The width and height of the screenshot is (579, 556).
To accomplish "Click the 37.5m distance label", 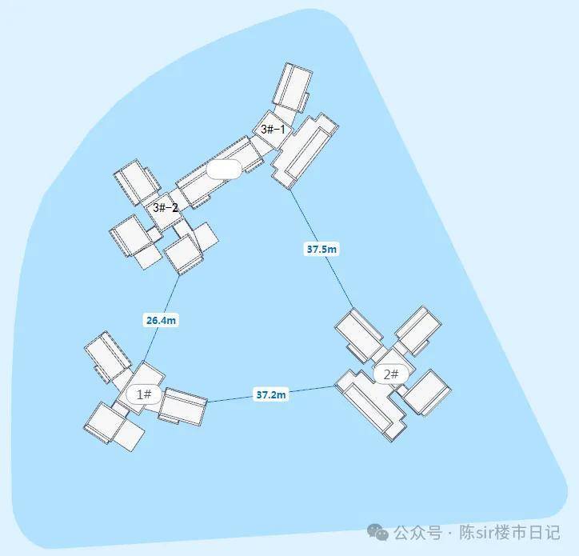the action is (321, 250).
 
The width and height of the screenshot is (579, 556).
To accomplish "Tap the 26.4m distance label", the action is (161, 320).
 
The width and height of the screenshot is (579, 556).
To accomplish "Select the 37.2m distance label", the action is (271, 395).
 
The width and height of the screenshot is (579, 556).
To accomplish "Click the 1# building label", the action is (144, 394).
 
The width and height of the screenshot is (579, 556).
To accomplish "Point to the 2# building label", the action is (391, 374).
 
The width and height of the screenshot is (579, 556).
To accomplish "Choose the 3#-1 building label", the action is (273, 130).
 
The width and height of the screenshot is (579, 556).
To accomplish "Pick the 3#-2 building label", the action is (166, 208).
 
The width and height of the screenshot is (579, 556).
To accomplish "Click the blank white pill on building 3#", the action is (224, 170).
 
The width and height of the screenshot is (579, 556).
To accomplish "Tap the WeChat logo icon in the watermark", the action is (377, 533).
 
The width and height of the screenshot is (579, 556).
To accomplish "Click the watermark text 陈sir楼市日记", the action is (509, 533).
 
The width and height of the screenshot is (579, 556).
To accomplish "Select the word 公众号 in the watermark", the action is (417, 533).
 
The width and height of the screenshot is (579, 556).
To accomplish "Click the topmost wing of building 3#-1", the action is (293, 87).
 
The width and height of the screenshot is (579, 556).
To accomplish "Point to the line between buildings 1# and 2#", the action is (271, 394).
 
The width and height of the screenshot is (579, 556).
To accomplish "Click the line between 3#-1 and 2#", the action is (321, 248).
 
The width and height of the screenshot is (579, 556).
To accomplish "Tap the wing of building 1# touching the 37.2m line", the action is (182, 406).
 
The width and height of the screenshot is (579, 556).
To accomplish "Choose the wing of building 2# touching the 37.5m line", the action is (359, 335).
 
